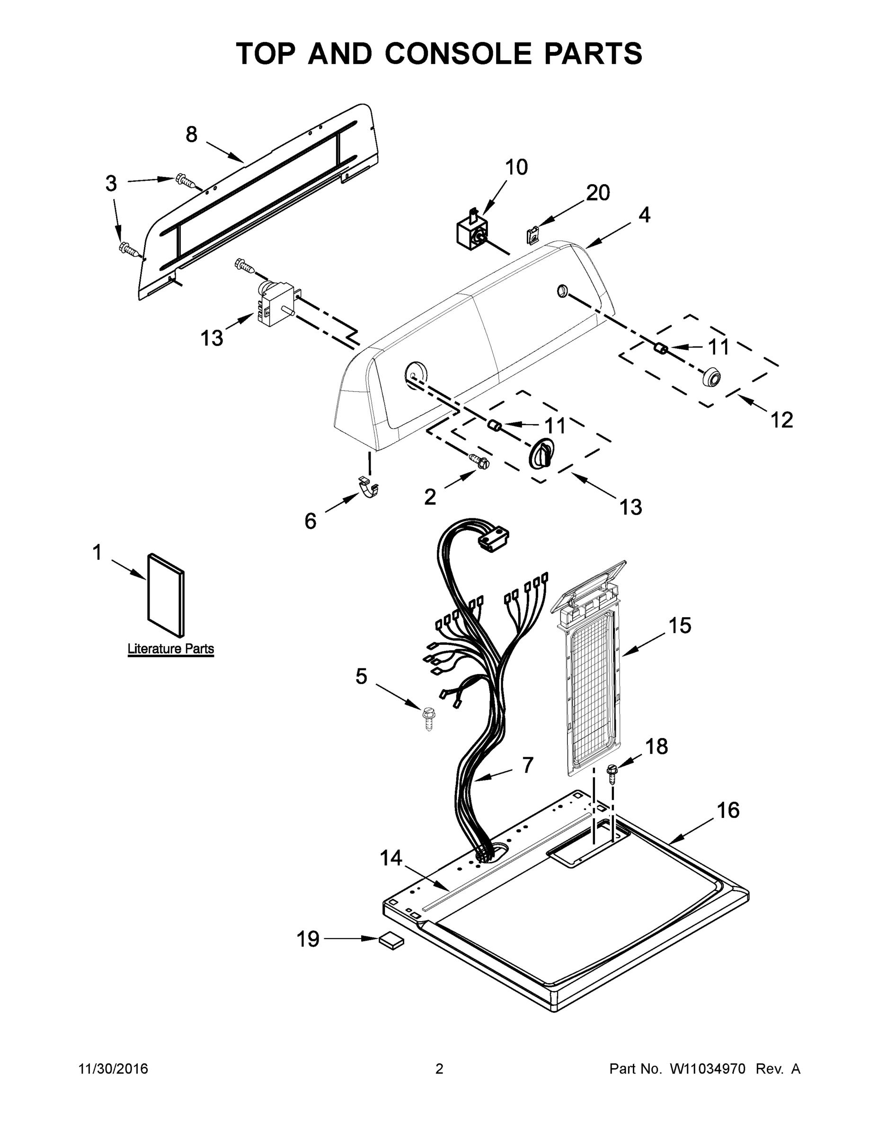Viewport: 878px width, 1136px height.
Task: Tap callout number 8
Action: tap(191, 135)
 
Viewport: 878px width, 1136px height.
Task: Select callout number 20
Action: tap(598, 193)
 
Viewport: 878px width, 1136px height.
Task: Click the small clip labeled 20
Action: tap(532, 235)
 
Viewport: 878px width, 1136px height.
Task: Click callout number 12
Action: tap(781, 419)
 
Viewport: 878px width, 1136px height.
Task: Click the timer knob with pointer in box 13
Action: tap(541, 453)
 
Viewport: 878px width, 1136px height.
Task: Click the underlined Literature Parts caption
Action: tap(170, 648)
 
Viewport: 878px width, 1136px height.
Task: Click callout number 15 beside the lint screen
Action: tap(680, 625)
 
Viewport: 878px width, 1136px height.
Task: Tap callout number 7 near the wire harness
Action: tap(527, 764)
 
